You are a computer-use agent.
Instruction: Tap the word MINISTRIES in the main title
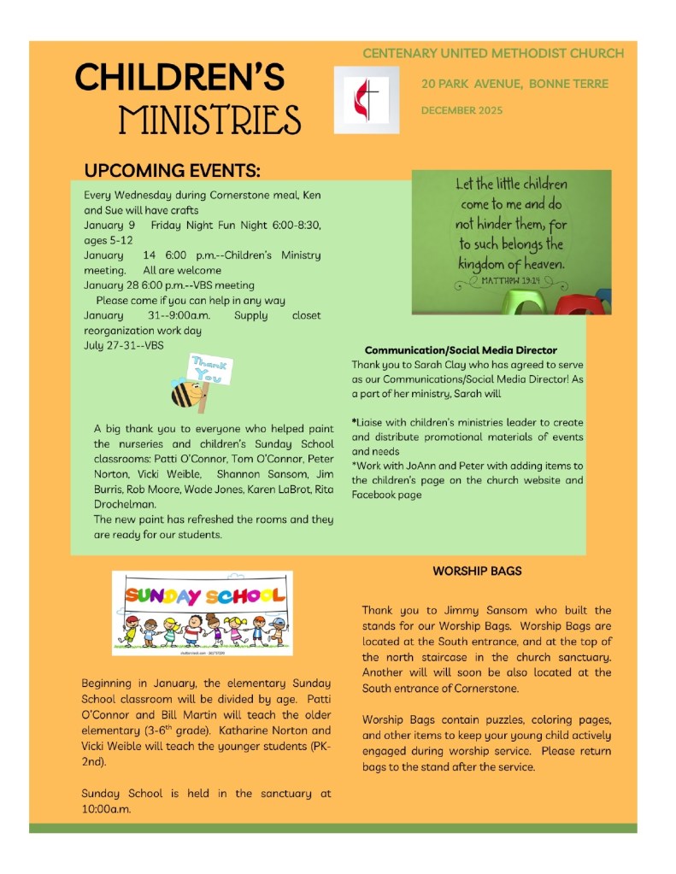pos(209,120)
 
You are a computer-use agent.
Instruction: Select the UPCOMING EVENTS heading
pos(172,169)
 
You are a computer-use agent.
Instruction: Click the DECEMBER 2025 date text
pos(461,110)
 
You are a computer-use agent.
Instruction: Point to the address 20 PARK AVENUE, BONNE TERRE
pos(514,84)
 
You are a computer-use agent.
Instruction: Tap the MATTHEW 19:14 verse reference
pos(523,279)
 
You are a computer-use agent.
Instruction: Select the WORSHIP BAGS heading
pos(477,571)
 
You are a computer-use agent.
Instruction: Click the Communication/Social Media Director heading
pos(461,349)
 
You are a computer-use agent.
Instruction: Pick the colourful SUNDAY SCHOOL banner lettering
pos(202,595)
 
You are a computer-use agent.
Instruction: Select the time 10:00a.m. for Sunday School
pos(106,808)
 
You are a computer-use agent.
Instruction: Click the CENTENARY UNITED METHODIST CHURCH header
pos(493,53)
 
